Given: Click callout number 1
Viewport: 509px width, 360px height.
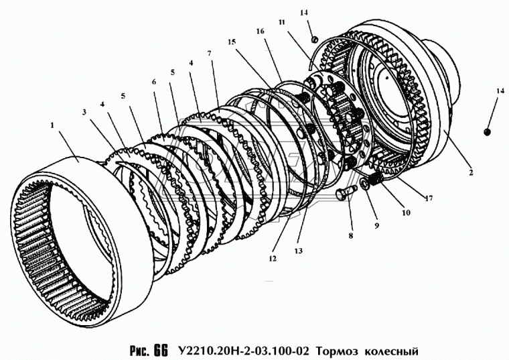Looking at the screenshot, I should pyautogui.click(x=52, y=125).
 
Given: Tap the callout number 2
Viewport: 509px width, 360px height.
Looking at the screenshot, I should pyautogui.click(x=471, y=173).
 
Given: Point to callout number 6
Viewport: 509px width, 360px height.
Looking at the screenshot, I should pyautogui.click(x=153, y=82).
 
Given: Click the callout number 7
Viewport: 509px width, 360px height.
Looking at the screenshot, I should pyautogui.click(x=209, y=53).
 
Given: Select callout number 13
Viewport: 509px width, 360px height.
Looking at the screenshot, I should pyautogui.click(x=298, y=251).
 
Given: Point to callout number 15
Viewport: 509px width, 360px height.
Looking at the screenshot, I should pyautogui.click(x=232, y=42).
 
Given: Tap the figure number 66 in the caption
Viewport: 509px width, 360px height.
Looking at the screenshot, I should pyautogui.click(x=159, y=350).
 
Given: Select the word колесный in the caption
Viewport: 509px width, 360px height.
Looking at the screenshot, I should pyautogui.click(x=392, y=351).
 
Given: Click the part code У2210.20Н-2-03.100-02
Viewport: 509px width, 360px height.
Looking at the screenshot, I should pyautogui.click(x=243, y=351).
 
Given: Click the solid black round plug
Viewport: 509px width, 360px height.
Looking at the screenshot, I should pyautogui.click(x=488, y=132).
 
